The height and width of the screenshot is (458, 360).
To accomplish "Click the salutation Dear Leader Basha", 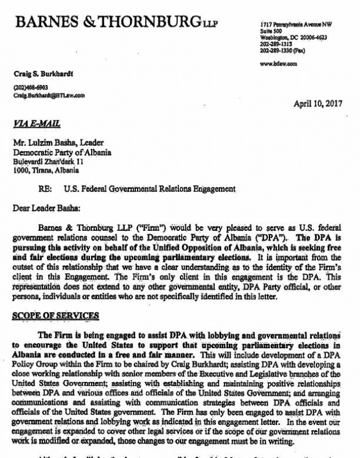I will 45,206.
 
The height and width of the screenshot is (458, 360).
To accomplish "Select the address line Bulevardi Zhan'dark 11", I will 49,162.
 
